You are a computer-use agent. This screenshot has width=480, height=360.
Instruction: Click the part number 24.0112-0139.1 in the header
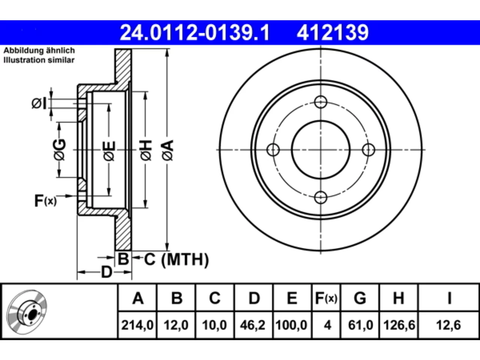195,33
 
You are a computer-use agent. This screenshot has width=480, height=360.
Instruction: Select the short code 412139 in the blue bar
333,33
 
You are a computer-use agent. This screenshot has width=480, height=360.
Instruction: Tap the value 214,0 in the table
137,325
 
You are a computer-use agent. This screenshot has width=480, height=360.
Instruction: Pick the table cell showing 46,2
253,325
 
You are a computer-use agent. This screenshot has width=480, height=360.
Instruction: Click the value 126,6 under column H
399,325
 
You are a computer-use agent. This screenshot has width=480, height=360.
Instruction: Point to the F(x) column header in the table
326,298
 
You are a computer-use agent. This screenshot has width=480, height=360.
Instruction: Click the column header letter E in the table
292,298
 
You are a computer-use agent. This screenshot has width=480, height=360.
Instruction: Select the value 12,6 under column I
449,325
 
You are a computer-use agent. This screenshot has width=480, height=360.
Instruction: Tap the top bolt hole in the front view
321,102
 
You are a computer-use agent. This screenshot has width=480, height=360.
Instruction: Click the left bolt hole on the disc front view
273,150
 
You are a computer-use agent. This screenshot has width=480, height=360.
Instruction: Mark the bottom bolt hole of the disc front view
321,197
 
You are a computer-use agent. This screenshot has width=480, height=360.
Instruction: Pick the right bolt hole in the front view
369,150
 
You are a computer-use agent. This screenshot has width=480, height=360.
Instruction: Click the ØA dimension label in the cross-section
168,150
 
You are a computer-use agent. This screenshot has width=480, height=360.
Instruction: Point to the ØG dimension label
60,150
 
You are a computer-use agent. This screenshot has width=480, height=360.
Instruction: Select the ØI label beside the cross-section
39,103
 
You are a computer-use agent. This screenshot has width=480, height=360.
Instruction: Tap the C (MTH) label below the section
176,259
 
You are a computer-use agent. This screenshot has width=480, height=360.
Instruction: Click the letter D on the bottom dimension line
106,272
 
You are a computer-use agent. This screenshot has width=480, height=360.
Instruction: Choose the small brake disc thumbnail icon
27,312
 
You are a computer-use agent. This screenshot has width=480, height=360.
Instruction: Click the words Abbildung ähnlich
39,51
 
